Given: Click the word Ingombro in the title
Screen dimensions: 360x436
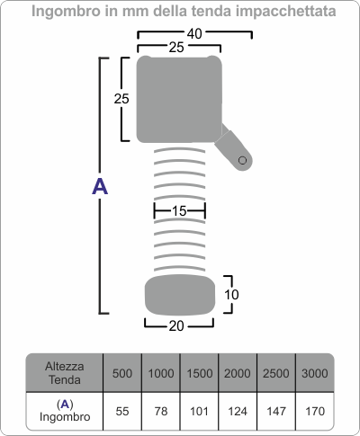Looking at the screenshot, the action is click(x=66, y=12).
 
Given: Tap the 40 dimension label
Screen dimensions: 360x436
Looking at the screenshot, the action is click(x=194, y=33).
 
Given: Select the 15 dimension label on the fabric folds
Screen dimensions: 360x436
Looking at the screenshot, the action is click(x=179, y=211).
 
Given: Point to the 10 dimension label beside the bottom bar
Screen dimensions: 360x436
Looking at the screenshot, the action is click(x=231, y=295).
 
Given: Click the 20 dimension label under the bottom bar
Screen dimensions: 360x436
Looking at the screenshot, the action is click(x=176, y=326).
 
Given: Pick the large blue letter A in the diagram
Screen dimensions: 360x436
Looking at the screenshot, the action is click(x=100, y=186).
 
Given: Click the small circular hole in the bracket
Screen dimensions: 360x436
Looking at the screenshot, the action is click(x=242, y=160).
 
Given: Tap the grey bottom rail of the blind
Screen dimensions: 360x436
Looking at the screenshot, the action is click(x=180, y=295).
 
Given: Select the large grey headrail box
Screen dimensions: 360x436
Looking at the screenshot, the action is click(x=179, y=99).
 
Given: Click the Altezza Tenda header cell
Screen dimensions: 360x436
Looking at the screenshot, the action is click(x=65, y=373).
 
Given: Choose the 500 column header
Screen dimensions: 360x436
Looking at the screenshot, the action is click(x=122, y=373).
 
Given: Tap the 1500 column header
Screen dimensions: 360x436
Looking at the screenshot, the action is click(x=200, y=373).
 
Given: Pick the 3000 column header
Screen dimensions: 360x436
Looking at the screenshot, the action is click(x=315, y=373).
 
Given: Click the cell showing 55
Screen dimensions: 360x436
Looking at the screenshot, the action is click(x=122, y=412).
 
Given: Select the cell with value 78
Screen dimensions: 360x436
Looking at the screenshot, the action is click(x=161, y=412).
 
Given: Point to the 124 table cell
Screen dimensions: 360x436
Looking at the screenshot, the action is click(x=238, y=412).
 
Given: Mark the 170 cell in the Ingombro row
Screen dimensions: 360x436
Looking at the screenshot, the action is click(x=315, y=412).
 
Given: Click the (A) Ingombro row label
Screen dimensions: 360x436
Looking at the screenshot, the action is click(x=65, y=411).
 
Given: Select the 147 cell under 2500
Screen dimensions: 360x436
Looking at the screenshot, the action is click(x=276, y=412).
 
